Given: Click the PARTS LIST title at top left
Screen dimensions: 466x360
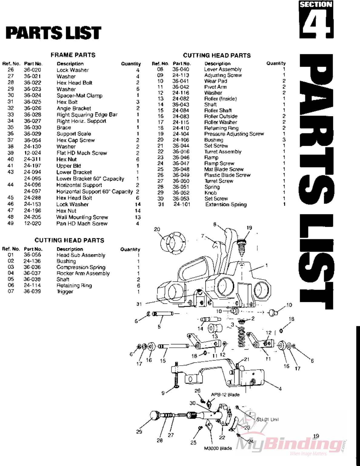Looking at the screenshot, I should (53, 33).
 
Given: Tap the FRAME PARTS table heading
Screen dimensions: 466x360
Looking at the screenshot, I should (73, 55).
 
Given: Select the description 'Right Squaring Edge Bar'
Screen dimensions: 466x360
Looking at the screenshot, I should (87, 115).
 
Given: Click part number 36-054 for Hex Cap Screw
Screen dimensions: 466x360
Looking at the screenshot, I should (32, 140).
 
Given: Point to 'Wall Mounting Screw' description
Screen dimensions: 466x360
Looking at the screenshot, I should (82, 217).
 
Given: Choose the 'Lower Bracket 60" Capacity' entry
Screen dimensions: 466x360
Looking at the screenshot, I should (90, 179).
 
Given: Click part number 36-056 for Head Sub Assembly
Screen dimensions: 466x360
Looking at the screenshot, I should (32, 255).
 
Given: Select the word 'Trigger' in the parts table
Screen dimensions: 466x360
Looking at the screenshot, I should (65, 291).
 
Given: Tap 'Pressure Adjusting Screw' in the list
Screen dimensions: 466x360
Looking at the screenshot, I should (234, 134).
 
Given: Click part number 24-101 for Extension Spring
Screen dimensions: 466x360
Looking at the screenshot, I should (182, 204).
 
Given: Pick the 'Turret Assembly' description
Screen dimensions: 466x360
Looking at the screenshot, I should (223, 152).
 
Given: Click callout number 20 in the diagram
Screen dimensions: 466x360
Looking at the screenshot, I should (157, 229).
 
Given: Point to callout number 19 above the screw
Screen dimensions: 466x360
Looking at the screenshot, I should (249, 228).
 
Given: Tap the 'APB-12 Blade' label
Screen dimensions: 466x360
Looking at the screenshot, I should (225, 394).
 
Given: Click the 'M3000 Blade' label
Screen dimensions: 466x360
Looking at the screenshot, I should (218, 448).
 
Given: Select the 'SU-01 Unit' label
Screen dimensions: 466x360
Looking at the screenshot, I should (267, 420).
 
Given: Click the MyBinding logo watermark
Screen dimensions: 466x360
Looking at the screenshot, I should (291, 444).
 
